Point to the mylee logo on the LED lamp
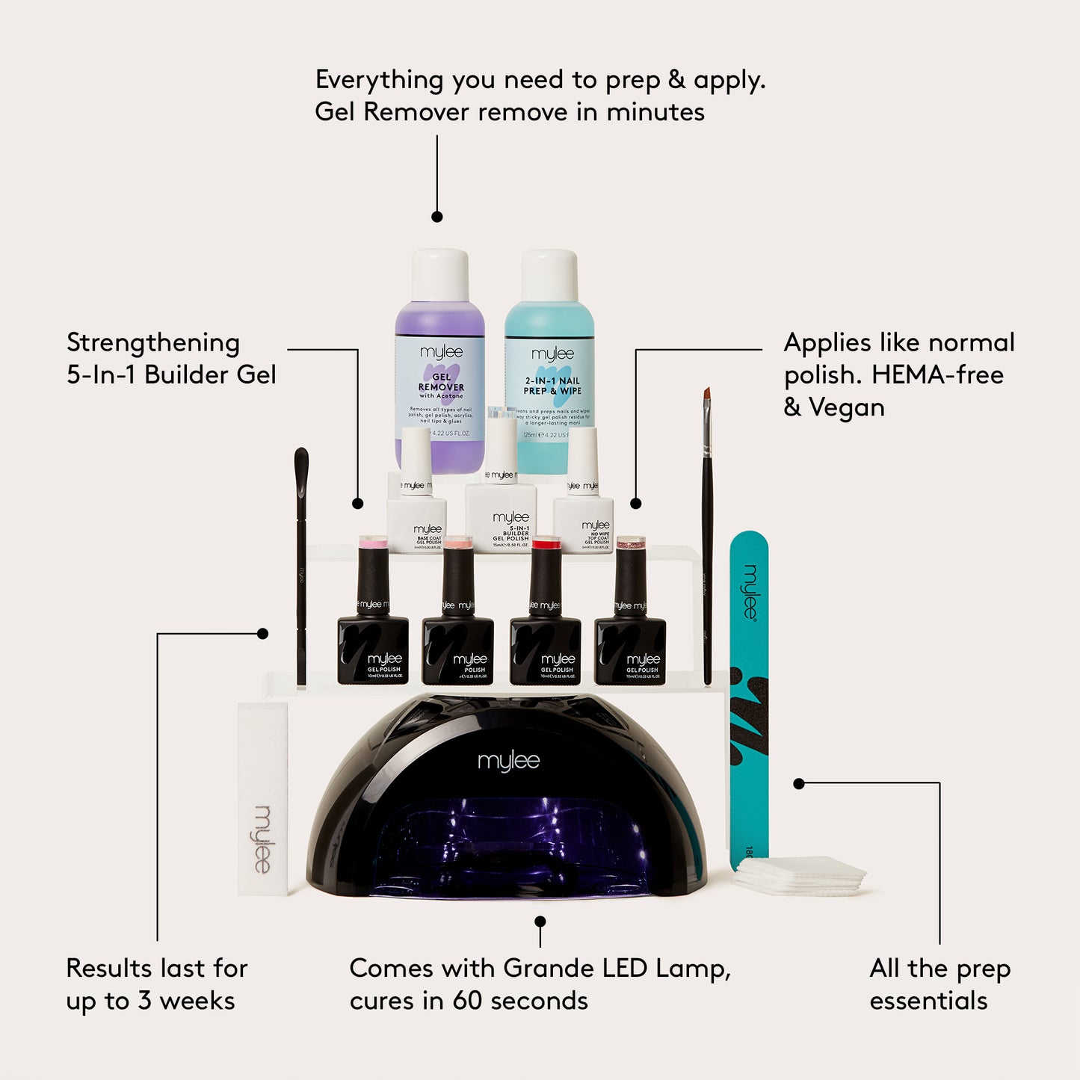pos(508,762)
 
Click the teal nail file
pos(749,695)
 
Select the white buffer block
pos(262,800)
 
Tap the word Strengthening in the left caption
pos(153,343)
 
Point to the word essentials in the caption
pos(928,1001)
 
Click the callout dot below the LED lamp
pos(540,922)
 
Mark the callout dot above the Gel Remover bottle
pos(437,217)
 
